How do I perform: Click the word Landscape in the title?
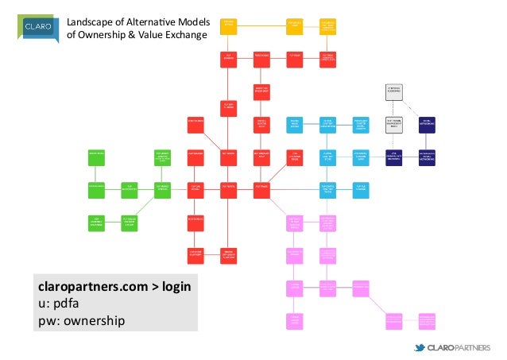(87, 21)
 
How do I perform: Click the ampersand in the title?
(133, 35)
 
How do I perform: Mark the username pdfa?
(70, 303)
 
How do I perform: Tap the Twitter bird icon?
(420, 347)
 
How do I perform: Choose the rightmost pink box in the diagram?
(428, 319)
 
